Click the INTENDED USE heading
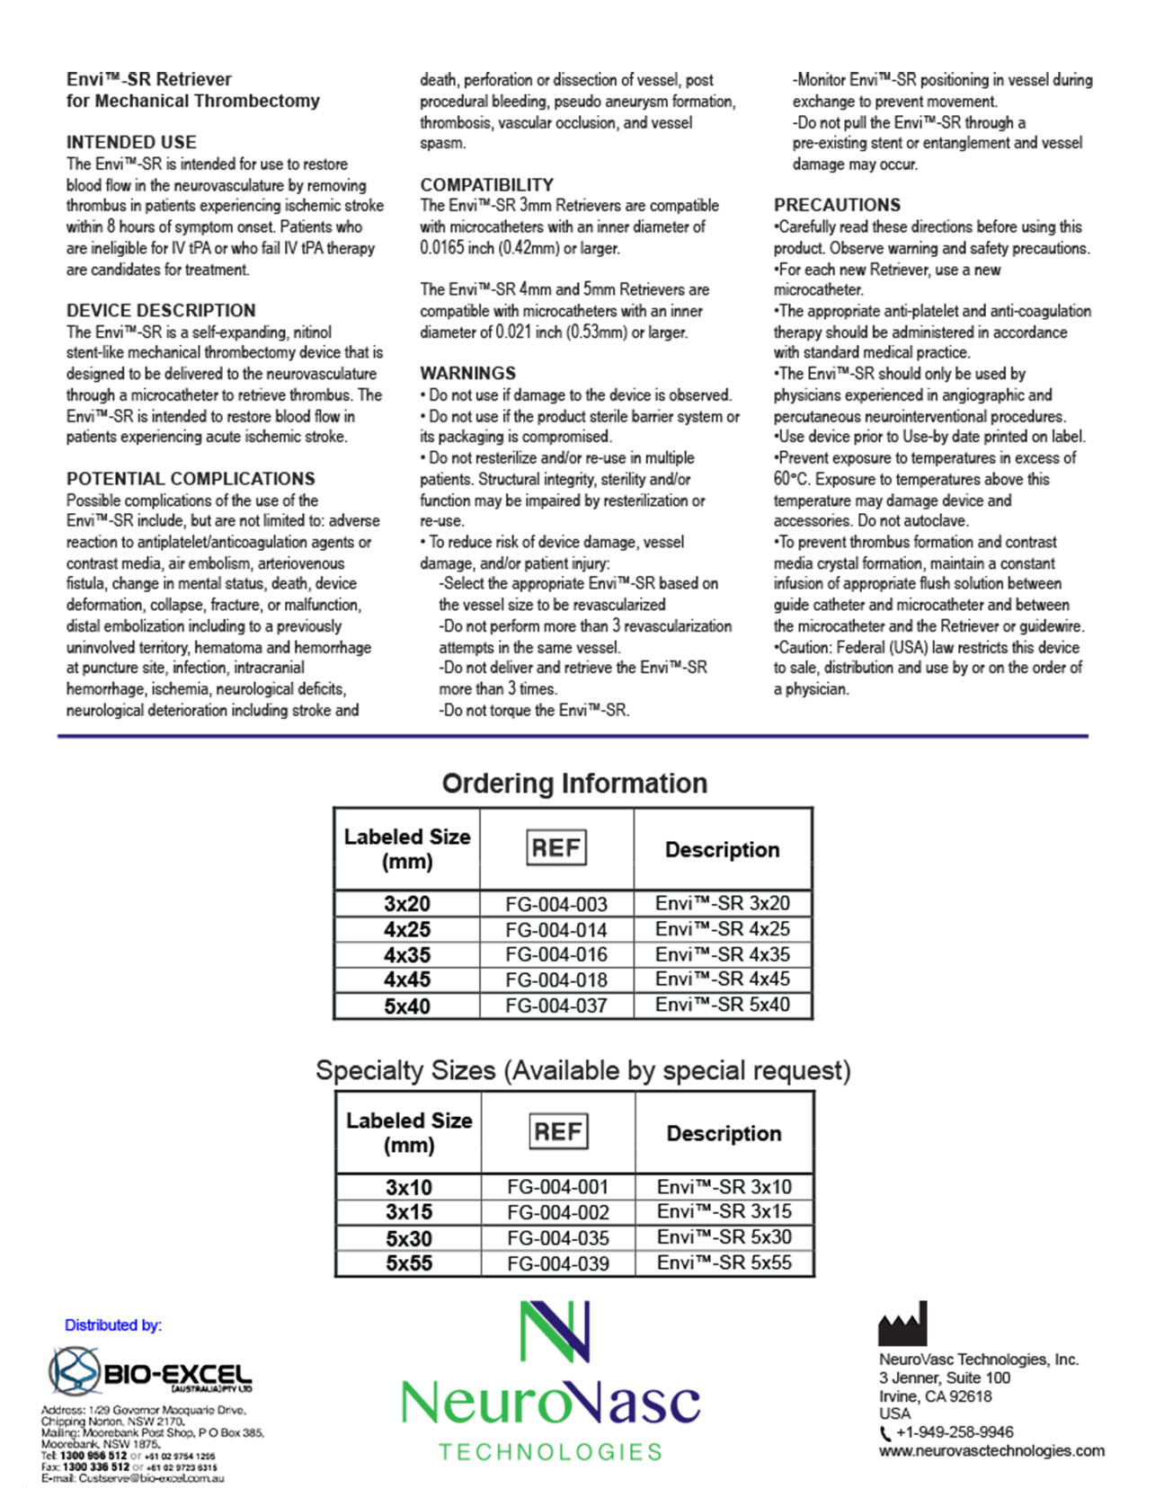131,142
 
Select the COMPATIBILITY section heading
486,184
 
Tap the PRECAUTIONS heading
837,205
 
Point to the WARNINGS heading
467,373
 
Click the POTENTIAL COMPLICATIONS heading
191,478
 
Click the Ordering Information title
574,783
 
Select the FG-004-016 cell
555,954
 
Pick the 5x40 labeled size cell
406,1005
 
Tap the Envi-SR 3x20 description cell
722,903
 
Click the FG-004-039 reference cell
557,1263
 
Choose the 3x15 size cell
408,1211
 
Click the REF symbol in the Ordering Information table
555,847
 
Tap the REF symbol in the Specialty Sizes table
557,1131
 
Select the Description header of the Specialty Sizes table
724,1133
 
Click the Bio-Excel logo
150,1371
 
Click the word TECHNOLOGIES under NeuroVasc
550,1452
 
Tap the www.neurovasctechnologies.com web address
991,1450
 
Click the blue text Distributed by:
113,1324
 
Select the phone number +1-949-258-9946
954,1432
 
